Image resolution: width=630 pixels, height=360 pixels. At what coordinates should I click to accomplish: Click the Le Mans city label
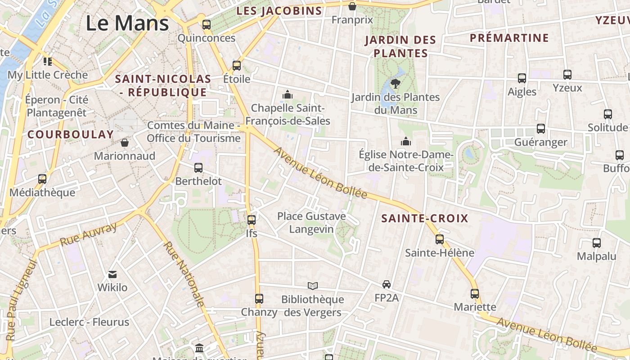click(x=127, y=23)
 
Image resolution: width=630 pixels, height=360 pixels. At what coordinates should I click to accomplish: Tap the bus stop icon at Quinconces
click(x=207, y=25)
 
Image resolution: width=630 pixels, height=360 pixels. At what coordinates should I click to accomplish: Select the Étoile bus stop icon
click(x=237, y=66)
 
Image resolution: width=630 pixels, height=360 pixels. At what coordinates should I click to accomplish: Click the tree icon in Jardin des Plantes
click(x=396, y=83)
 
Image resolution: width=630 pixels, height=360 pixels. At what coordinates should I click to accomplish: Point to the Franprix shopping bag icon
click(x=352, y=6)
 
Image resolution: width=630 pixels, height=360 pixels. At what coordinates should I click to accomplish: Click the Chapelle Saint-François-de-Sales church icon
click(x=287, y=94)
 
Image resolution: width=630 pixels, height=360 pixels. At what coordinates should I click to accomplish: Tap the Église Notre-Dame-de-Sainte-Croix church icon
click(x=406, y=141)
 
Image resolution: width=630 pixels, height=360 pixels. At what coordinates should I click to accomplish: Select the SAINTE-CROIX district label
click(x=425, y=219)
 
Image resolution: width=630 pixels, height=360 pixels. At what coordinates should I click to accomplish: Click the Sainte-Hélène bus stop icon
click(x=440, y=239)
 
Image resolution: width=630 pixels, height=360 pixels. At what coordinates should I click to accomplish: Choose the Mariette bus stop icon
click(x=475, y=294)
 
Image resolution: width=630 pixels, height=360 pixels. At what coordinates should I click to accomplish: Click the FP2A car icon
click(x=387, y=284)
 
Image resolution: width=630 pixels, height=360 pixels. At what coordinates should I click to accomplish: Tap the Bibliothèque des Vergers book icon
click(x=313, y=286)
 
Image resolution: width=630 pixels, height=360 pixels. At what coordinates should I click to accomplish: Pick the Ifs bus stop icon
click(x=252, y=220)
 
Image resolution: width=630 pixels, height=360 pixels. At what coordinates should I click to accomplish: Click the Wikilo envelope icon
click(x=112, y=274)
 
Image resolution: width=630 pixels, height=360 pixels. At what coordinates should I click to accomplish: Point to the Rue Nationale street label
click(x=184, y=274)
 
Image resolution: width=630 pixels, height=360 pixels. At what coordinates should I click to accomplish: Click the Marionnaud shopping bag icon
click(x=125, y=143)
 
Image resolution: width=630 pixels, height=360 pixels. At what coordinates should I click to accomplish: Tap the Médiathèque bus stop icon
click(x=42, y=179)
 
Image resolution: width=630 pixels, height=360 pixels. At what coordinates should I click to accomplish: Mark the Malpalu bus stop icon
click(x=597, y=243)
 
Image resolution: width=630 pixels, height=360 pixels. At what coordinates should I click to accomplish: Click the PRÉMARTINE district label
click(x=509, y=38)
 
